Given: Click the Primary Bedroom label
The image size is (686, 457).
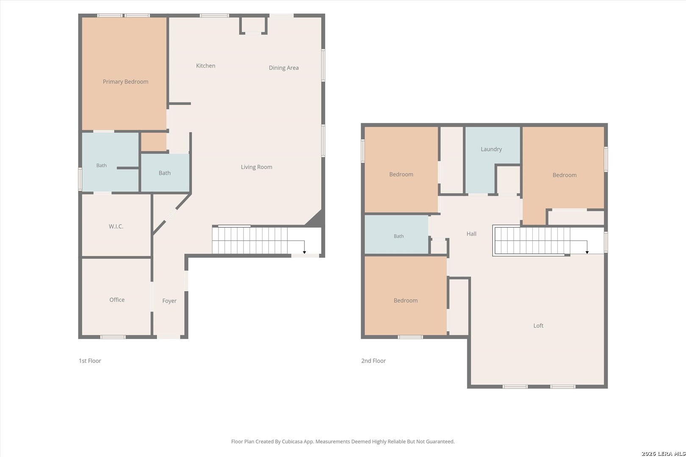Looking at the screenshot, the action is click(x=126, y=82).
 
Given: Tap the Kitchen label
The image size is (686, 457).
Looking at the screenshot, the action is click(x=205, y=66).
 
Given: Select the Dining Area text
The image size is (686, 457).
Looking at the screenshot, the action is click(x=284, y=68).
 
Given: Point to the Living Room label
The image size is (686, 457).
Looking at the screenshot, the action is click(x=256, y=167).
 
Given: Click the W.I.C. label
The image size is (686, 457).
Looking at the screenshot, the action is click(x=116, y=226).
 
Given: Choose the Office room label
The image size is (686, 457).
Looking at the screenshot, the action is click(x=117, y=300).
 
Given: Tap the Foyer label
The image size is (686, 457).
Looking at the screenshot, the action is click(x=169, y=301).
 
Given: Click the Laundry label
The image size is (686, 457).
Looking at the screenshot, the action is click(x=491, y=149).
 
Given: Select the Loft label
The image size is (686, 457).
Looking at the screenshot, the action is click(x=538, y=326).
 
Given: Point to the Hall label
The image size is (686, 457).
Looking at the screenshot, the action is click(x=471, y=234).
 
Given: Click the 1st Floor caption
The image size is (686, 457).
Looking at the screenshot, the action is click(x=90, y=361).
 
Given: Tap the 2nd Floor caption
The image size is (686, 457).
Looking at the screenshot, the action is click(x=373, y=361).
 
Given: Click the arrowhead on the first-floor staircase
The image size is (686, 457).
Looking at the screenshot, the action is click(x=304, y=252).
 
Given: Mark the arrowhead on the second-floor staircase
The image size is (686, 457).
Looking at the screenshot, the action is click(x=587, y=252).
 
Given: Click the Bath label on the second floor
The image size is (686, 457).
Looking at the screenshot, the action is click(x=399, y=236).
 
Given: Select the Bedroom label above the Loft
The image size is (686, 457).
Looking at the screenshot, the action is click(x=406, y=300).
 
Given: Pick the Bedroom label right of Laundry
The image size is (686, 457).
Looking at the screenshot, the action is click(x=564, y=175).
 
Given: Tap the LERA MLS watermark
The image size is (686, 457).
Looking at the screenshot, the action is click(x=663, y=454).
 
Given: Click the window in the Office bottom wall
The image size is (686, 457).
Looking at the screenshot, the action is click(x=113, y=337).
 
